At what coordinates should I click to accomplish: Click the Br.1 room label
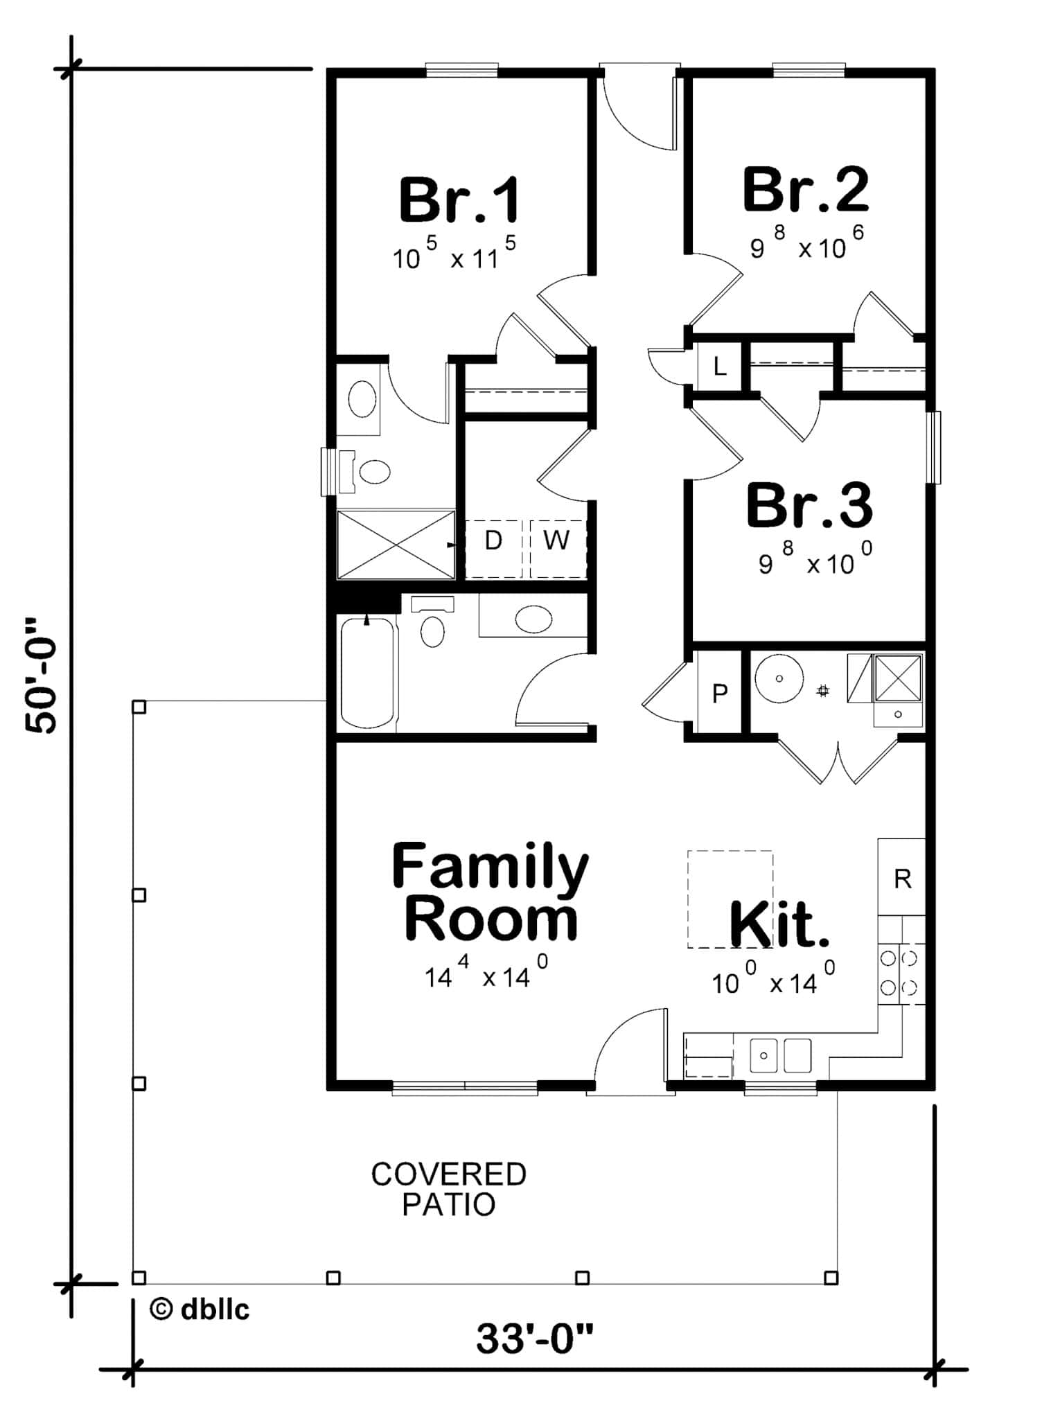[x=459, y=201]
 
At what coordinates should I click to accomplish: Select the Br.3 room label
[x=809, y=506]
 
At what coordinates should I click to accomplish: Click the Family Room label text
[x=490, y=892]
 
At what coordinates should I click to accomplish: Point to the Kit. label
[x=779, y=924]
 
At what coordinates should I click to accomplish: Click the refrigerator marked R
[x=902, y=879]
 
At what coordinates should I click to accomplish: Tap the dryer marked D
[x=493, y=540]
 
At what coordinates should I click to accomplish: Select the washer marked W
[x=556, y=540]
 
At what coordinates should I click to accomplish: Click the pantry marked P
[x=720, y=692]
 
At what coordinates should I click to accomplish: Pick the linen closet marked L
[x=720, y=366]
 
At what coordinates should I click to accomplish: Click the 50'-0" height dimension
[x=42, y=676]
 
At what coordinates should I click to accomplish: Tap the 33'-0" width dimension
[x=535, y=1338]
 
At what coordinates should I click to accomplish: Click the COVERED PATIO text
[x=449, y=1189]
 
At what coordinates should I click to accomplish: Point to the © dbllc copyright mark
[x=200, y=1309]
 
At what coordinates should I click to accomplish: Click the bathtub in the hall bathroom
[x=367, y=673]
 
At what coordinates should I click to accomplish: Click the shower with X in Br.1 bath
[x=396, y=545]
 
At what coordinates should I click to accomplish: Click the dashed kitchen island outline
[x=730, y=899]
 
